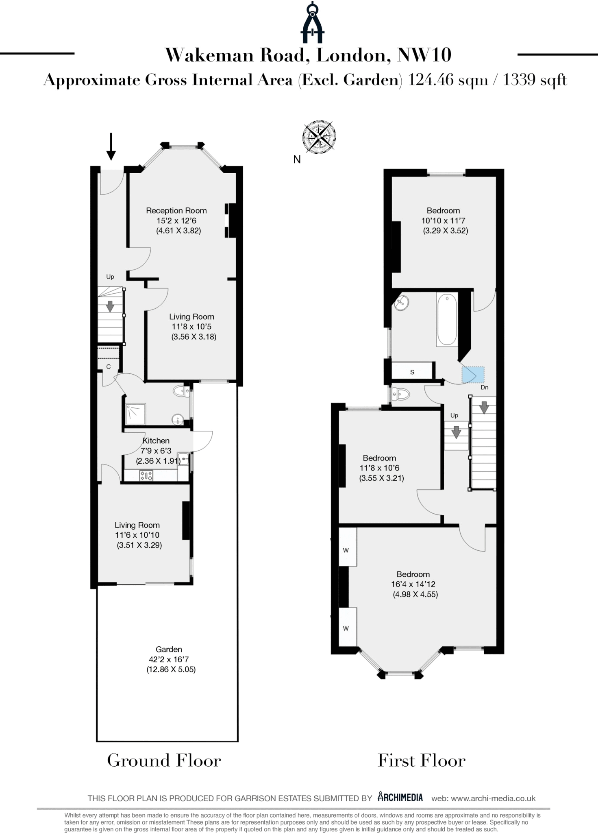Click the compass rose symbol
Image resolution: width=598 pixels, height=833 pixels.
319,137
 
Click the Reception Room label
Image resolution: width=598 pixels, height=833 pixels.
176,211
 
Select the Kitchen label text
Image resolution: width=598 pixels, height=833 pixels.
156,441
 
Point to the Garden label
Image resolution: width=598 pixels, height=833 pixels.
169,650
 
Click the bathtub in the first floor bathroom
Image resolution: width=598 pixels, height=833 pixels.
447,319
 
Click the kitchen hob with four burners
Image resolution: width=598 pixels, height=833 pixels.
146,475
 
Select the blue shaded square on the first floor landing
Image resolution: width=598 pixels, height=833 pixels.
473,375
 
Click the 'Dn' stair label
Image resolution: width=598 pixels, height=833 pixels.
484,388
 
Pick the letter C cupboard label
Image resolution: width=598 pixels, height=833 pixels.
109,367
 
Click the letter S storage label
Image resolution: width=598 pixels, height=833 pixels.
412,372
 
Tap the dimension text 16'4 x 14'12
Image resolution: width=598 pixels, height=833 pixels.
413,584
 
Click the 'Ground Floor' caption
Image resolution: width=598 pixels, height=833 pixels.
164,761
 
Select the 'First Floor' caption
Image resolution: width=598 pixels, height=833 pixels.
421,761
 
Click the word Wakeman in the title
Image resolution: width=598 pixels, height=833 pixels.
209,55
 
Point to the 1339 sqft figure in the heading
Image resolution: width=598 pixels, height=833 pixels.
535,80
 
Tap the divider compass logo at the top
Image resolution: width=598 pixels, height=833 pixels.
312,23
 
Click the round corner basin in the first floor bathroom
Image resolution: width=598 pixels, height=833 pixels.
402,303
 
